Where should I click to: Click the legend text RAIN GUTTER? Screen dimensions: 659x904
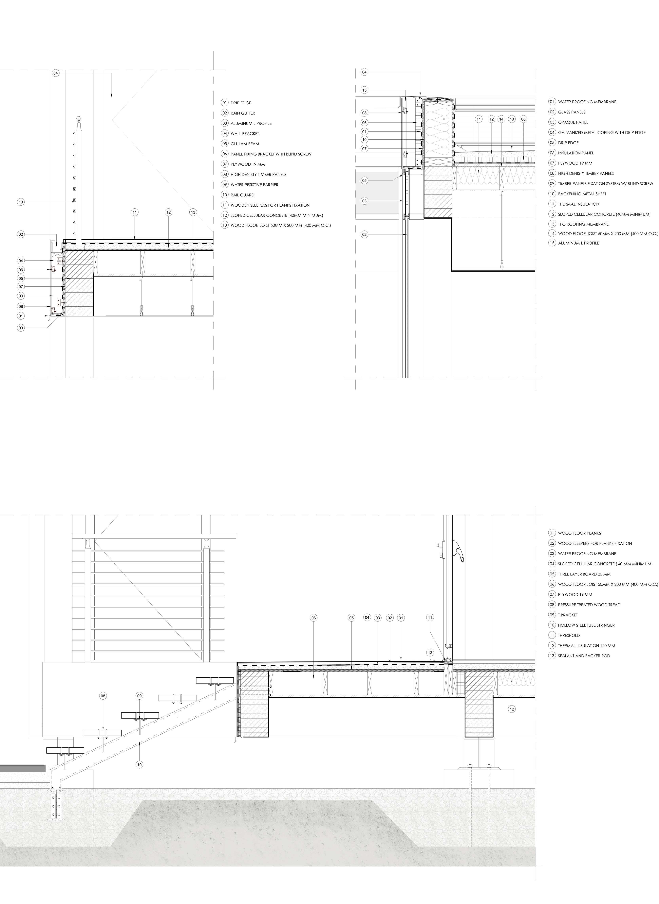[243, 113]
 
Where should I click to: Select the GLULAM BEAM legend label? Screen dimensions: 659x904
[245, 144]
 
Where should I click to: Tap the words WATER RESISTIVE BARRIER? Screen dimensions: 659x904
[254, 185]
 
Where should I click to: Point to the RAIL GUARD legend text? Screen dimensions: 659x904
[242, 195]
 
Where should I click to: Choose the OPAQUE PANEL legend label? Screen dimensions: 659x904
[573, 122]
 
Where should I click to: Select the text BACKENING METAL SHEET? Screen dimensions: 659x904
[582, 194]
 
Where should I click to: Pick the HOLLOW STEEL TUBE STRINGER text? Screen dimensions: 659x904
[586, 625]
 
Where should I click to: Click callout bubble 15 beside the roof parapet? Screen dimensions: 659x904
[364, 90]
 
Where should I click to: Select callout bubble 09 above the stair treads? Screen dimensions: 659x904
[139, 696]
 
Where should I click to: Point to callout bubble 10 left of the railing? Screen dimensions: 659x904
[21, 202]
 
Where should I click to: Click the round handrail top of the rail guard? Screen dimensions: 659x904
[79, 118]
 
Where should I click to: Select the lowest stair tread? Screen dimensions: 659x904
[65, 750]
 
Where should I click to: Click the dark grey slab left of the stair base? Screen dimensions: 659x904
[22, 768]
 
